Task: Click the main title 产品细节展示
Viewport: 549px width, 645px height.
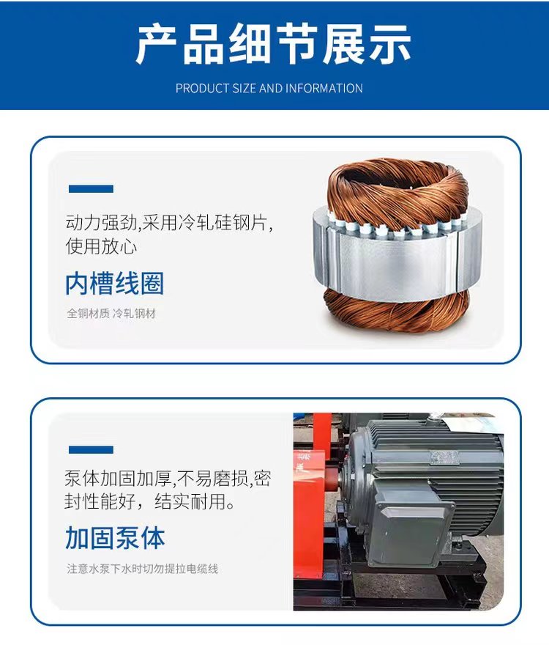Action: pos(274,45)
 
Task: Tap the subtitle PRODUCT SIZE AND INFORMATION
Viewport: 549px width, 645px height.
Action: pos(269,88)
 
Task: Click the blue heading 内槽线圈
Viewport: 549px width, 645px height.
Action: pos(114,284)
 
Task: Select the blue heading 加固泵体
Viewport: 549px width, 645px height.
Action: pos(115,537)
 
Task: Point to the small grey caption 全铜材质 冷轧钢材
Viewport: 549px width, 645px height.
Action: pos(111,314)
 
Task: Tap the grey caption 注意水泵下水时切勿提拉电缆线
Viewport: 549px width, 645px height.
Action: pos(143,568)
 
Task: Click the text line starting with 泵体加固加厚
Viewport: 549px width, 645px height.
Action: pos(168,479)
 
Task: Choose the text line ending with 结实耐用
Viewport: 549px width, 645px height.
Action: pos(150,503)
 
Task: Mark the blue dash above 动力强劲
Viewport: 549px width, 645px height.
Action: pos(91,188)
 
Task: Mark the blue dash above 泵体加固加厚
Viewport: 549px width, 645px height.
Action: pos(91,449)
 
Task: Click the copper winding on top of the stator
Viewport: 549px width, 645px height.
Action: pos(398,187)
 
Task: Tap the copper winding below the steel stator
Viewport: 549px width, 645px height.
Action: pos(395,312)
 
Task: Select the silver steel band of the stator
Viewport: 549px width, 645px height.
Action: pos(395,260)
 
